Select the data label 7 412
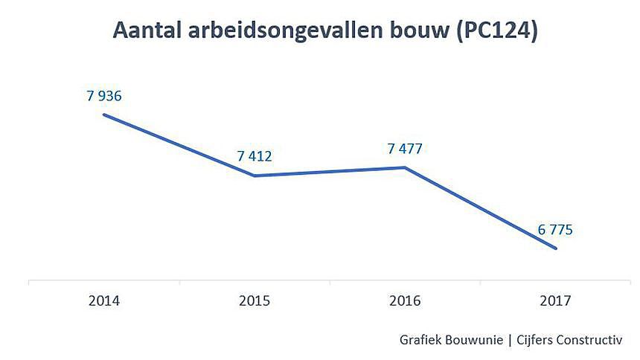255,156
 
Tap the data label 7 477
405,149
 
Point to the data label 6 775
554,230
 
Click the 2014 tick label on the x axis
104,301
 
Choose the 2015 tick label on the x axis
255,301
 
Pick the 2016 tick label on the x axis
405,301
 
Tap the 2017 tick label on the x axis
555,301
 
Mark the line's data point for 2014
104,115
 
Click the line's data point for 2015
255,176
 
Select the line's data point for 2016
405,167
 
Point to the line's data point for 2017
555,248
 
